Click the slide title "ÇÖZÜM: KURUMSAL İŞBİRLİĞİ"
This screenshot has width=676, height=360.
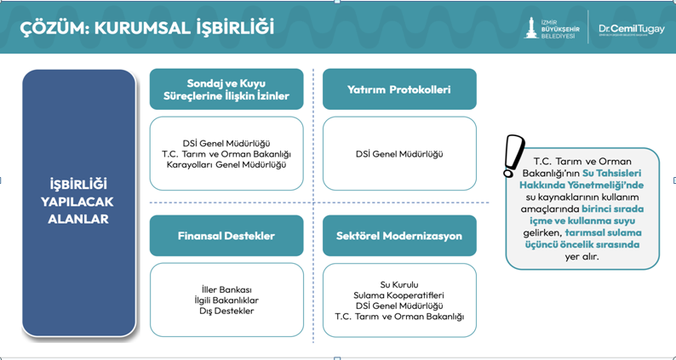click(147, 27)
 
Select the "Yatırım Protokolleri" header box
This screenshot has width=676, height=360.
click(399, 89)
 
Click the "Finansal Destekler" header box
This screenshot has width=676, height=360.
click(226, 236)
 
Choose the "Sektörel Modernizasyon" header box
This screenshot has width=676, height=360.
click(399, 236)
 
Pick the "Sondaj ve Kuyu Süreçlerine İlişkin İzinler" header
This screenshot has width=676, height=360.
click(226, 89)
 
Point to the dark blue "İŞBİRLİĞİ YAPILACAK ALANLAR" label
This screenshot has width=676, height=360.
click(78, 202)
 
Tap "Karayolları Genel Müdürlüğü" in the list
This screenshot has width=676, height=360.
click(226, 164)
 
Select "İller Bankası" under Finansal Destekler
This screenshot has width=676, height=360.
click(226, 289)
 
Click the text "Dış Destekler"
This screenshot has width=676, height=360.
click(226, 311)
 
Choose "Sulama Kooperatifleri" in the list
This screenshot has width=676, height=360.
click(399, 295)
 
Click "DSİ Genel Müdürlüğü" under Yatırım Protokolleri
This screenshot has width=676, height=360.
click(399, 154)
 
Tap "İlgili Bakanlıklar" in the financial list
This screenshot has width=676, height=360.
click(226, 300)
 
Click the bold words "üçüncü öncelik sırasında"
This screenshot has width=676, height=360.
click(581, 243)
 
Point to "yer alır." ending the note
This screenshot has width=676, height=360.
click(581, 255)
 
